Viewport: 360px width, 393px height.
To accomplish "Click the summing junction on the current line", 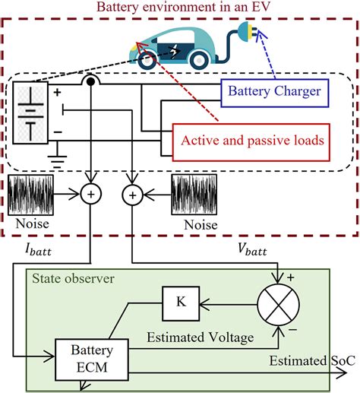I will click(91, 195).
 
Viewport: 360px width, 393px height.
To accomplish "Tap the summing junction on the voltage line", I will click(134, 195).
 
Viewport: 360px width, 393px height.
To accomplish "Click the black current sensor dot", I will click(91, 80).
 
